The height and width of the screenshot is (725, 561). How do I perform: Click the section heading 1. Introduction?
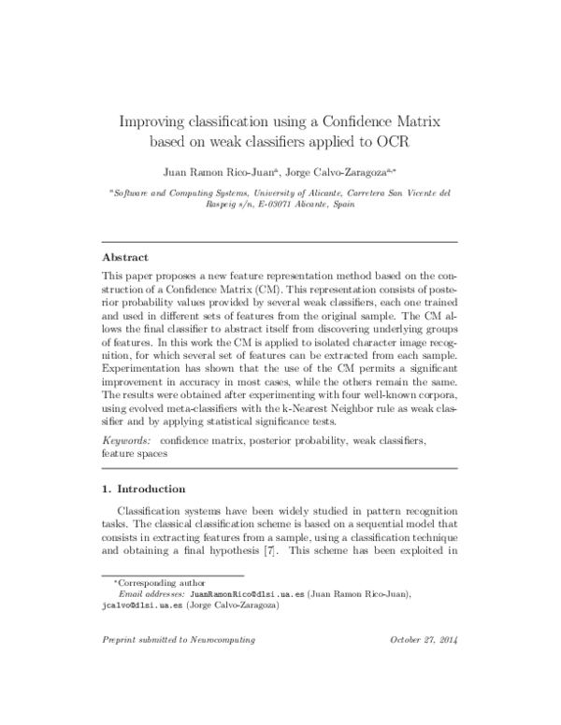point(143,489)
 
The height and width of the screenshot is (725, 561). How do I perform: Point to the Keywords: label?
point(127,438)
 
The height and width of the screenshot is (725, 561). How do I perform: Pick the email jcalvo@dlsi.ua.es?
point(139,605)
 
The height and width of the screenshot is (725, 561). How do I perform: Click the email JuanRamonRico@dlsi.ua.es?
point(238,593)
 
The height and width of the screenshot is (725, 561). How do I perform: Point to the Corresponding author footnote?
point(155,582)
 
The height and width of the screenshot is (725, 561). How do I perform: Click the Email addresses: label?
point(152,593)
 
